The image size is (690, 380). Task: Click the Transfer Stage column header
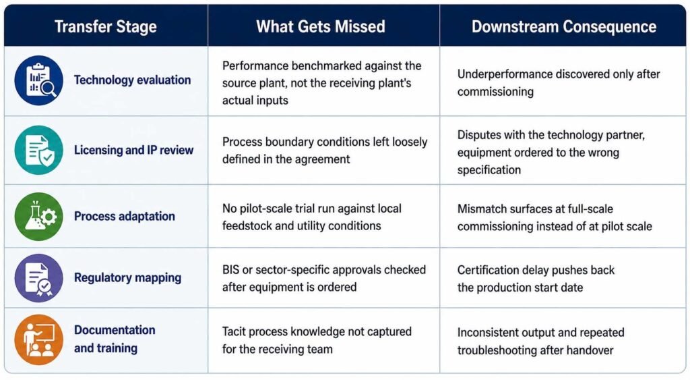[x=106, y=27]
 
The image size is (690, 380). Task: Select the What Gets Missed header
[x=320, y=27]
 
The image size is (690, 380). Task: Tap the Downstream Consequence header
[x=564, y=27]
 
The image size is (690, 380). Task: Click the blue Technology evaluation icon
[x=38, y=80]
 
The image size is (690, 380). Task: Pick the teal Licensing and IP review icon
[x=38, y=150]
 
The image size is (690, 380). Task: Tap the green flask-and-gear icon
[x=38, y=217]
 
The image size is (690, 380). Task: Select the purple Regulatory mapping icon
[x=38, y=277]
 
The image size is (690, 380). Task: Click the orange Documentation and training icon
[x=38, y=340]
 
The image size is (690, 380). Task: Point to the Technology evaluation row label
[x=133, y=80]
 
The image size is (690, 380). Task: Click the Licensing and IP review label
[x=134, y=151]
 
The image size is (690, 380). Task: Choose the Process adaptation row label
[x=125, y=217]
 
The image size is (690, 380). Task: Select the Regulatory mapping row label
[x=127, y=277]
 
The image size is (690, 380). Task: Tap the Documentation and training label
[x=115, y=339]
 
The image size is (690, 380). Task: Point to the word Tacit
[x=234, y=331]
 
